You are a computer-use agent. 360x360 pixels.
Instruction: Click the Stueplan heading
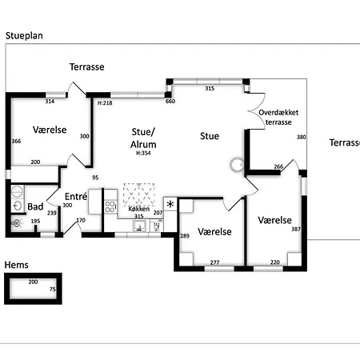[x=24, y=36]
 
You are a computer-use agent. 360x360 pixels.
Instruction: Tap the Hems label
[x=16, y=265]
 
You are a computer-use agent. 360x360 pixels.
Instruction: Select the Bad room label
[x=35, y=206]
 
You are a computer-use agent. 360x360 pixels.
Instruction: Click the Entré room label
[x=76, y=197]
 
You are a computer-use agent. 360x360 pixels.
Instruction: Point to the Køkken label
[x=138, y=209]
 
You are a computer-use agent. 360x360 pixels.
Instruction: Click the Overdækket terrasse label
[x=278, y=118]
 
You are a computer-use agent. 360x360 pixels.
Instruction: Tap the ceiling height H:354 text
[x=143, y=153]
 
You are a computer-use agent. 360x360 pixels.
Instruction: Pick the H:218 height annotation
[x=105, y=103]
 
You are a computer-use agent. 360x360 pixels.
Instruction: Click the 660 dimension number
[x=170, y=101]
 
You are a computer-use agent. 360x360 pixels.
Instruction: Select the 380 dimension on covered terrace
[x=302, y=137]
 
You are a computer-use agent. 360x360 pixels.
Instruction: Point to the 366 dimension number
[x=16, y=141]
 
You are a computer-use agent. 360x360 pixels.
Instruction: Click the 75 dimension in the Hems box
[x=53, y=289]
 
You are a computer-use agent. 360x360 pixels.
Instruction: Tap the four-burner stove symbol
[x=110, y=206]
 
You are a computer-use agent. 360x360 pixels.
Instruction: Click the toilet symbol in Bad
[x=16, y=223]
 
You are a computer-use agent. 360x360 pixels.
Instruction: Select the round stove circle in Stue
[x=237, y=165]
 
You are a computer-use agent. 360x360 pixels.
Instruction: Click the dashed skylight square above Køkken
[x=138, y=194]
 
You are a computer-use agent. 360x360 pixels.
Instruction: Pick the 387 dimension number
[x=296, y=229]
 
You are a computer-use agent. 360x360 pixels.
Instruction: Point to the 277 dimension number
[x=214, y=262]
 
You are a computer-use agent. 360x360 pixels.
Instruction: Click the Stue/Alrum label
[x=143, y=138]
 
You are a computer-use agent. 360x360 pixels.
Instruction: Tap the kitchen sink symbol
[x=139, y=226]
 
